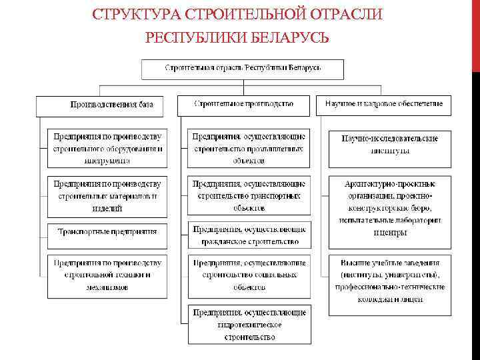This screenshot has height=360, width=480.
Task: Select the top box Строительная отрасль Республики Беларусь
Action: click(242, 69)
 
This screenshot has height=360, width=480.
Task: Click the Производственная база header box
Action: click(106, 105)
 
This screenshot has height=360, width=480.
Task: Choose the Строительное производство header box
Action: click(244, 105)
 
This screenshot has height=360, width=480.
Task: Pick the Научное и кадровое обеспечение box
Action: click(384, 105)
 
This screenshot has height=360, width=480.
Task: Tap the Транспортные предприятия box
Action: click(107, 231)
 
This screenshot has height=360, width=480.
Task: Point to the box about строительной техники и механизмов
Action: click(107, 275)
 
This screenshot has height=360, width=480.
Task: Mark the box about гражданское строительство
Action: click(249, 235)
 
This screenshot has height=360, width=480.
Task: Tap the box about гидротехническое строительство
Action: click(249, 324)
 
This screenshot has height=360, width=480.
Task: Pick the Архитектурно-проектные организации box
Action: click(389, 207)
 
